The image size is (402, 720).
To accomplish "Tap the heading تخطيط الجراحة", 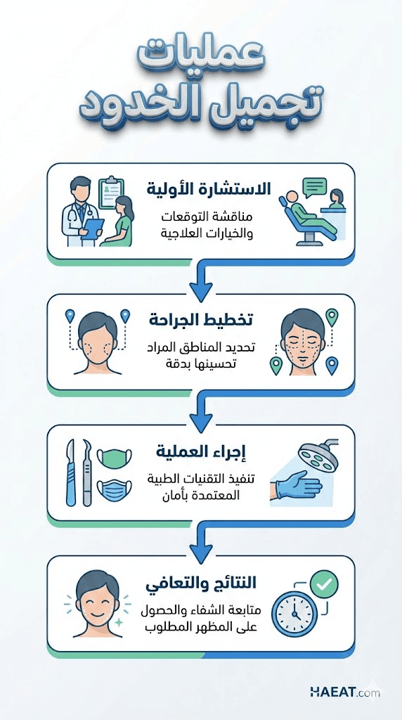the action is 200,321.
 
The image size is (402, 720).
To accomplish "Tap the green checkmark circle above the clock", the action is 323,584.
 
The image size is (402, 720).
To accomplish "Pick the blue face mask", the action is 115,491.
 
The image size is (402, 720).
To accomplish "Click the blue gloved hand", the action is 296,486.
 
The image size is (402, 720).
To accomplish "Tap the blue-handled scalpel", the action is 71,472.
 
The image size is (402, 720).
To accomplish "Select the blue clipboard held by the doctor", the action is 93,229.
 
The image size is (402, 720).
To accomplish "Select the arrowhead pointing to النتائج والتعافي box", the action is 200,553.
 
